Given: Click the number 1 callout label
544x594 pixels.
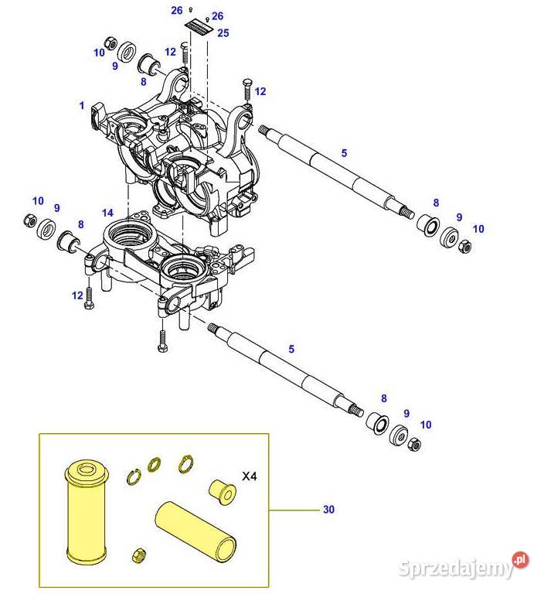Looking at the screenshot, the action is pos(82,105).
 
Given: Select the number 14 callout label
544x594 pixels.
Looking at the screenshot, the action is pos(107,213).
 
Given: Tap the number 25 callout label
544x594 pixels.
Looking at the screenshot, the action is pos(223,33).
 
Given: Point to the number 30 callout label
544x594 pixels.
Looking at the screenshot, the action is pos(328,510).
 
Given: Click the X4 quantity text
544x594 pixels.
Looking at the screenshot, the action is pos(249,476).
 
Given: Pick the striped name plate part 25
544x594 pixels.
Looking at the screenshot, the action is pos(199,28).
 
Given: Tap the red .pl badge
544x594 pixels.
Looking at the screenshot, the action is pos(521,560).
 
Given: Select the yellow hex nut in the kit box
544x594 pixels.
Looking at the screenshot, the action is pos(139,556).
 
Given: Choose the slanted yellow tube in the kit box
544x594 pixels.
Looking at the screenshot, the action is pos(196,531).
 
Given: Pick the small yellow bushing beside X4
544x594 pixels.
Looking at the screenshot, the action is pos(223,492).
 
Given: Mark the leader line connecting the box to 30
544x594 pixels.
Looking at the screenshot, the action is pos(294,510).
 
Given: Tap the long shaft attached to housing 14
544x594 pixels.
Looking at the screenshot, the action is pos(286,370).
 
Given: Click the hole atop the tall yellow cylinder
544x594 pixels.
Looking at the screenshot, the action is pos(87,470).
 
